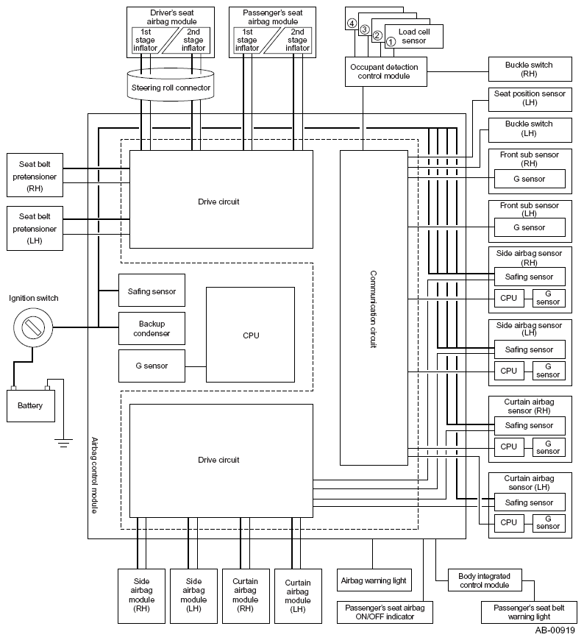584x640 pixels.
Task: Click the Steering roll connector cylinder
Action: [171, 85]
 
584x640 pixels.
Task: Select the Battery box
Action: [31, 406]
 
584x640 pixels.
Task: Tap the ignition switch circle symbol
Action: [33, 327]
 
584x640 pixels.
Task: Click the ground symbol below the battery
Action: [63, 443]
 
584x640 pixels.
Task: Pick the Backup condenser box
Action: [152, 329]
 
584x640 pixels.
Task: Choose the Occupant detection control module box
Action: [386, 71]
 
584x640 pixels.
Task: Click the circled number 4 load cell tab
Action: [352, 24]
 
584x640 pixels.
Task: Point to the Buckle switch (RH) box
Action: [530, 69]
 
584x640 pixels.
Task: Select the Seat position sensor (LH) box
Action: [530, 99]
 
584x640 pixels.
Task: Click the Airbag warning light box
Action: [374, 580]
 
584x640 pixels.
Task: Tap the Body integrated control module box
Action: [485, 580]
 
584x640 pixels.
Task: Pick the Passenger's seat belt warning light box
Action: [529, 612]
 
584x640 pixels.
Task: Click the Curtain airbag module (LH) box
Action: [298, 596]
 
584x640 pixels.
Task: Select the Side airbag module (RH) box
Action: [142, 596]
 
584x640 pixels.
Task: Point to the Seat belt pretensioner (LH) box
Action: [35, 228]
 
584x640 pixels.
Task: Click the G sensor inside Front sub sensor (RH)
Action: [530, 179]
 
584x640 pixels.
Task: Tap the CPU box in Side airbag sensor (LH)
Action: [509, 371]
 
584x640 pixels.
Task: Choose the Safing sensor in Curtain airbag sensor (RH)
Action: [530, 426]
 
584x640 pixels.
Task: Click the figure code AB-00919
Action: [555, 630]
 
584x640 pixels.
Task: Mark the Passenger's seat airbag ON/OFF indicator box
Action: [385, 612]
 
